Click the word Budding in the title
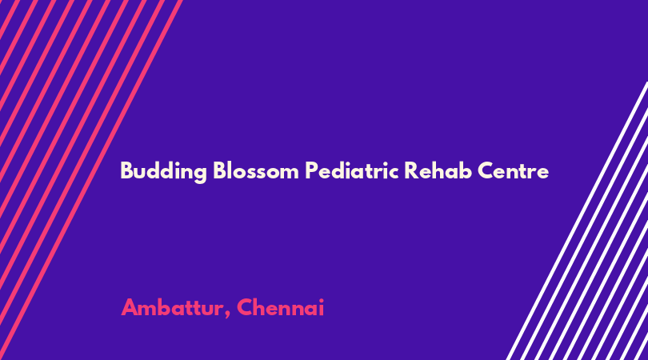click(x=163, y=171)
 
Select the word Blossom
click(x=256, y=170)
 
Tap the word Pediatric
click(x=352, y=170)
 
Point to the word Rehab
click(x=438, y=170)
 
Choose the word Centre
click(x=514, y=170)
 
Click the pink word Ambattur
click(x=172, y=307)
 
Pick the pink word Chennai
click(x=281, y=307)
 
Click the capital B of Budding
click(x=126, y=170)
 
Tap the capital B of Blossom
click(x=219, y=170)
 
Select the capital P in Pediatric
click(x=311, y=170)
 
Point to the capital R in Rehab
click(x=410, y=170)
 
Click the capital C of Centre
click(x=486, y=170)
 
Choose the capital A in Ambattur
click(x=130, y=307)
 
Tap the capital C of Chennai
click(x=245, y=307)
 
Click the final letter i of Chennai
click(x=321, y=308)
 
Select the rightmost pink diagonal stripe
click(x=91, y=180)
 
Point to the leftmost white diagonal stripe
click(x=577, y=221)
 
